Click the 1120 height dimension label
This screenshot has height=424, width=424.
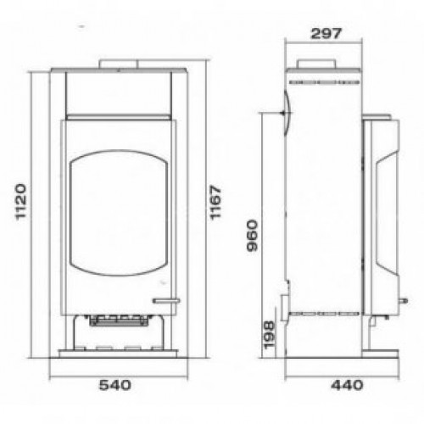click(21, 202)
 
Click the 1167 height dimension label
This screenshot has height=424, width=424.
click(215, 202)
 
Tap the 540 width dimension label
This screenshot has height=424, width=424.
click(115, 385)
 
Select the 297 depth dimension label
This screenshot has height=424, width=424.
click(326, 34)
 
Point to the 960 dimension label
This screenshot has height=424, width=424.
click(253, 236)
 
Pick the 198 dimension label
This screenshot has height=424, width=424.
click(269, 335)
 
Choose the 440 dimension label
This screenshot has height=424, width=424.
click(347, 385)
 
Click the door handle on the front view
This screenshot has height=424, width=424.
click(166, 301)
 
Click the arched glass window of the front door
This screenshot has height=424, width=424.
click(119, 213)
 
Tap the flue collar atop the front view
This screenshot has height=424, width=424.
click(118, 64)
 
